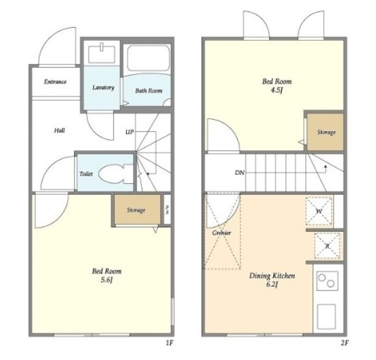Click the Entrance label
coord(55,82)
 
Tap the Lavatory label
coord(103,88)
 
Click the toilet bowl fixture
coord(116,174)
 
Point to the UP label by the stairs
coord(130,132)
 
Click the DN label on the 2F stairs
coord(240,172)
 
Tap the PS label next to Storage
coord(167,209)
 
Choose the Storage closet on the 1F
coord(137,209)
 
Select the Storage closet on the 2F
coord(325,132)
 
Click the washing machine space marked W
coord(319,211)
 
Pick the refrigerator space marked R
coord(327,246)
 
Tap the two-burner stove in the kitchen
coord(327,281)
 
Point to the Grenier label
coord(222,233)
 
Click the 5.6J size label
coord(106,280)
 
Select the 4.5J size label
coord(277,91)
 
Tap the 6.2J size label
coord(272,285)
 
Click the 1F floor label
coord(169,343)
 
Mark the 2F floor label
coord(344,343)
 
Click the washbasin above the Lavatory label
coord(102,54)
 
